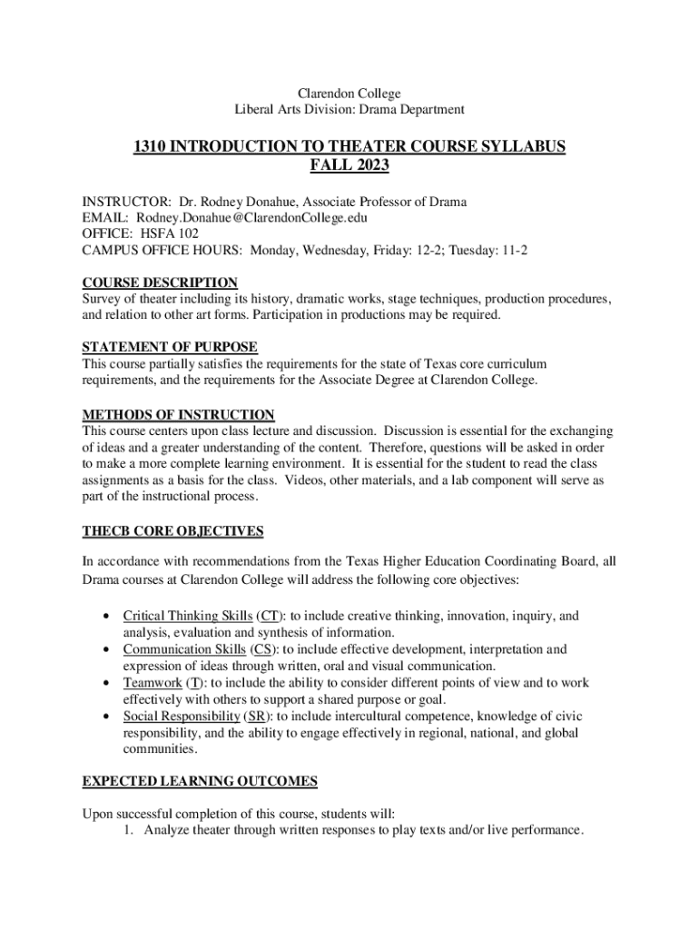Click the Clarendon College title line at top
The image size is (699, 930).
point(349,94)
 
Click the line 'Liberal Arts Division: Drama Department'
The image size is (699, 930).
point(349,110)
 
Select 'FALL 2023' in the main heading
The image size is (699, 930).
point(349,165)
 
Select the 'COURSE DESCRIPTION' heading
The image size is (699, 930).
point(160,282)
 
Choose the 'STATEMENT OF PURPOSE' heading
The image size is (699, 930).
point(170,347)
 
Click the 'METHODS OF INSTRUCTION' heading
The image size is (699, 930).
point(178,415)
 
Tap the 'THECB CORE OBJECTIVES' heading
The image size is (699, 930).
point(172,530)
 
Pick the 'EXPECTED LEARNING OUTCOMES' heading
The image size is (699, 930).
point(200,780)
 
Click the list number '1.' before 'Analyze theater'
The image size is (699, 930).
point(131,830)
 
